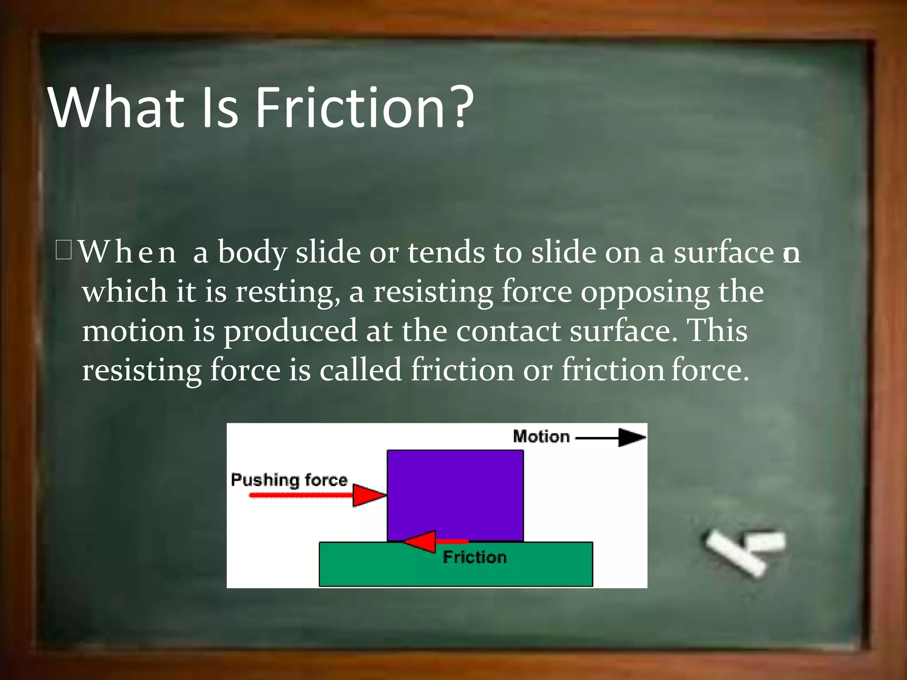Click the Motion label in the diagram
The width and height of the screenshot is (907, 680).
(x=541, y=437)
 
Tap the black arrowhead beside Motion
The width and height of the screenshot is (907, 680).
(x=632, y=437)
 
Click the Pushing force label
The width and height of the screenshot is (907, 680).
(x=289, y=480)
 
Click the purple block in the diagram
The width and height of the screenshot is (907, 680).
(x=455, y=491)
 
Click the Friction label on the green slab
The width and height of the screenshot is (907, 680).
(x=475, y=557)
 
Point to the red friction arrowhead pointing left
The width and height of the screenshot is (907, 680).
(x=421, y=541)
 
